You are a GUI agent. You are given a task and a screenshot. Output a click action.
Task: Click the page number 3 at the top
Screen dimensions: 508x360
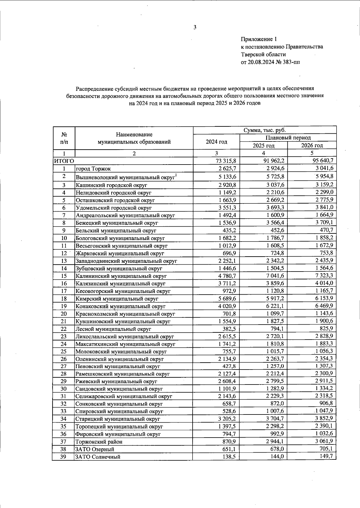pos(195,28)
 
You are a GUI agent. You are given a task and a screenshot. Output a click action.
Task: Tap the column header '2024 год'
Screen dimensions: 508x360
pos(216,142)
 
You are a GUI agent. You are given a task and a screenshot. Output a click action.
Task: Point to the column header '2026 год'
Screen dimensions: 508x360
pos(312,146)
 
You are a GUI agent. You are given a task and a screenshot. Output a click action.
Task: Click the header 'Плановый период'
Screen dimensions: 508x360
pos(288,138)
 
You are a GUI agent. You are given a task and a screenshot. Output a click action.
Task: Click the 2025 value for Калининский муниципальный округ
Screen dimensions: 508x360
pos(274,276)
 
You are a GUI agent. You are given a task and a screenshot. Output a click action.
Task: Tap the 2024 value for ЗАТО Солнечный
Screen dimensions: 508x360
pos(229,457)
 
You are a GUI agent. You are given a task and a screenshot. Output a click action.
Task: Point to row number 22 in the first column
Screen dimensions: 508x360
pos(64,329)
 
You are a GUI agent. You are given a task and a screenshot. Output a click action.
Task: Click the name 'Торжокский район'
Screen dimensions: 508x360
pos(99,442)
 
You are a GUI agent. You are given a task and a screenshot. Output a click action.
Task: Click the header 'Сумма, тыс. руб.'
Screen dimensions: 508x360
pos(264,130)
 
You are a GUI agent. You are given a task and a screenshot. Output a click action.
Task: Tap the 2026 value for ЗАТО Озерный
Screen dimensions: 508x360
pos(325,449)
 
